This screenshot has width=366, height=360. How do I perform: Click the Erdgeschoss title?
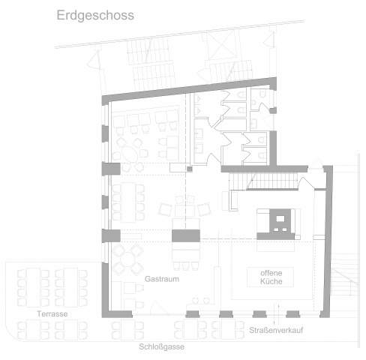95,16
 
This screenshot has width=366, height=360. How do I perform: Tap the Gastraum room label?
162,279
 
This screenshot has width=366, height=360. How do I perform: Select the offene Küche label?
271,277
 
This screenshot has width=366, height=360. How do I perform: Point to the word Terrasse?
52,313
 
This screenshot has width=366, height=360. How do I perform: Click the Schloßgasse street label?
161,346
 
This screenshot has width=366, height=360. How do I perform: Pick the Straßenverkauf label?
276,330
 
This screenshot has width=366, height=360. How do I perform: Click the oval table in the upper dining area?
129,154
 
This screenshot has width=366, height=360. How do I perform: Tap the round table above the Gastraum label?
127,259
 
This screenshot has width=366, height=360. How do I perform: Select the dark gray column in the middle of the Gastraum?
186,235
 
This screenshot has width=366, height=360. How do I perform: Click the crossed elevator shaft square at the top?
221,45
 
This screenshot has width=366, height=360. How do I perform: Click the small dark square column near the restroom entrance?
190,169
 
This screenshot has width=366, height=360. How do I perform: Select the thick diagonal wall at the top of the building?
189,91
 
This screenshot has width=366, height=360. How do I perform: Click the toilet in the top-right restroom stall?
262,94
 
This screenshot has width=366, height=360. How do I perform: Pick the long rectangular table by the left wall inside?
128,202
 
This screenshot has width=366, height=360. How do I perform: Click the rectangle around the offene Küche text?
270,277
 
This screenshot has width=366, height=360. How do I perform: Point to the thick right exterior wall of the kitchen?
327,241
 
